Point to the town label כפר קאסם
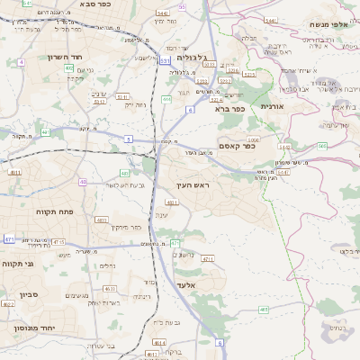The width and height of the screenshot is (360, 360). [x=238, y=146]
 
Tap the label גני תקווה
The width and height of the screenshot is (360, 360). [x=17, y=264]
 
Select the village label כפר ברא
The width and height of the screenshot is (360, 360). [x=230, y=109]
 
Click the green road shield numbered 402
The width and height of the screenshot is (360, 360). [x=70, y=67]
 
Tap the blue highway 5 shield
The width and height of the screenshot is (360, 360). [x=129, y=139]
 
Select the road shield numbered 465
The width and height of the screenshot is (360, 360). [x=264, y=310]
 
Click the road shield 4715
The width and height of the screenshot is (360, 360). [x=58, y=242]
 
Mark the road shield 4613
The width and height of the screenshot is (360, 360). [x=111, y=288]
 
